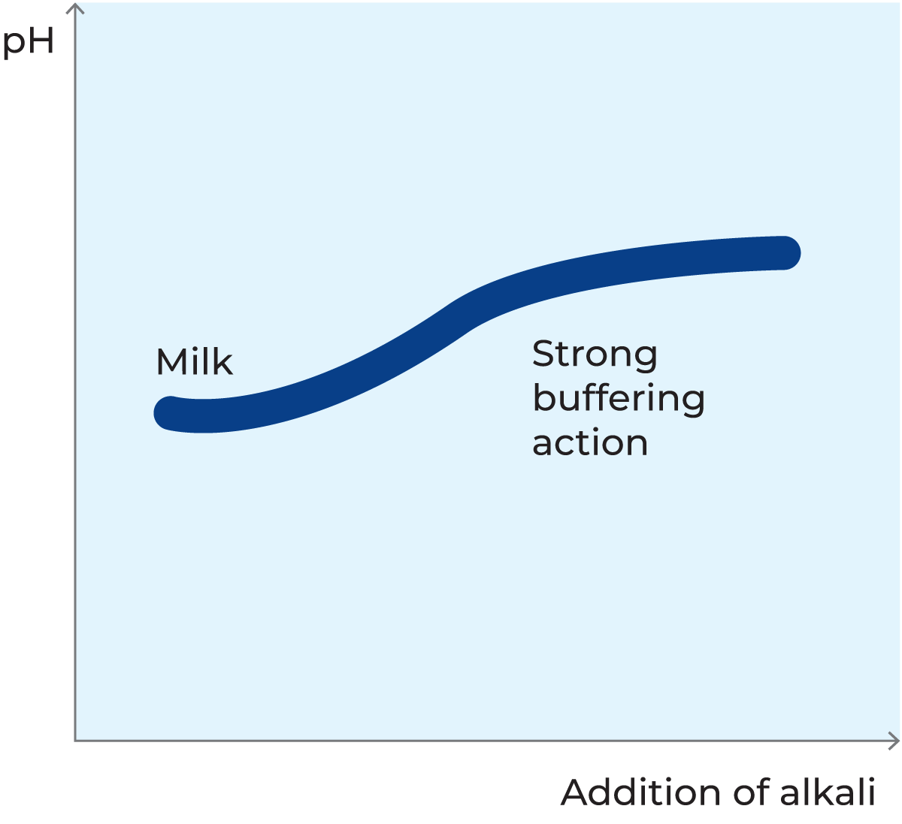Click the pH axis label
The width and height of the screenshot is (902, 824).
click(29, 42)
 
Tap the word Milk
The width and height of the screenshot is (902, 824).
click(194, 361)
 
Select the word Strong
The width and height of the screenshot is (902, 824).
click(595, 355)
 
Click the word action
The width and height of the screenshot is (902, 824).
click(589, 442)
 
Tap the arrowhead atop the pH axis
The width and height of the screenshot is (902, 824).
click(75, 8)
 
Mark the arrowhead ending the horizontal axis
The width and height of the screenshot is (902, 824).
click(894, 741)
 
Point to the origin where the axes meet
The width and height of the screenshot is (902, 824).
click(75, 741)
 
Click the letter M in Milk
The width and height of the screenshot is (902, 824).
click(170, 361)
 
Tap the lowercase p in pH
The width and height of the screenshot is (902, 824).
click(14, 46)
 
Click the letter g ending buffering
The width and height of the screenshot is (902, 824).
click(693, 403)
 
